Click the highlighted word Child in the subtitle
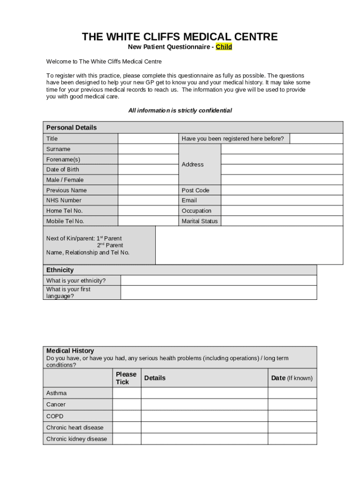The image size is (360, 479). [223, 47]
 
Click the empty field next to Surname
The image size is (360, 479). [148, 149]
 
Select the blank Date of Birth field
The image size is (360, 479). [148, 169]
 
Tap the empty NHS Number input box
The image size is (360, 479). [148, 200]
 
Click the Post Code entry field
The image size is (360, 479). [281, 190]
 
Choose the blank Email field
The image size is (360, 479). [281, 200]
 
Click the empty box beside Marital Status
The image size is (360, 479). [281, 221]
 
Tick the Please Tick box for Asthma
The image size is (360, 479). [127, 393]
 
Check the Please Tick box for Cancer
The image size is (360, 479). [127, 405]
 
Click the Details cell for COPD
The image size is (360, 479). [204, 416]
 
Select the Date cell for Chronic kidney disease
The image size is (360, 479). [292, 439]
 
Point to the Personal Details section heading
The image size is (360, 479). [72, 128]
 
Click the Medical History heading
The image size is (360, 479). [70, 351]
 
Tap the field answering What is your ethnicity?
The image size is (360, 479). [218, 281]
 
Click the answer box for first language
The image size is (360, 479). [218, 293]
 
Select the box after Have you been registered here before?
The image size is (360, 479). [316, 138]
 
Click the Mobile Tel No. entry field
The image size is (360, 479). [148, 221]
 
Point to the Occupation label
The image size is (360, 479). [196, 211]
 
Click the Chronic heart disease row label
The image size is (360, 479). [75, 428]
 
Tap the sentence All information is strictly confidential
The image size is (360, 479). [180, 111]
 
